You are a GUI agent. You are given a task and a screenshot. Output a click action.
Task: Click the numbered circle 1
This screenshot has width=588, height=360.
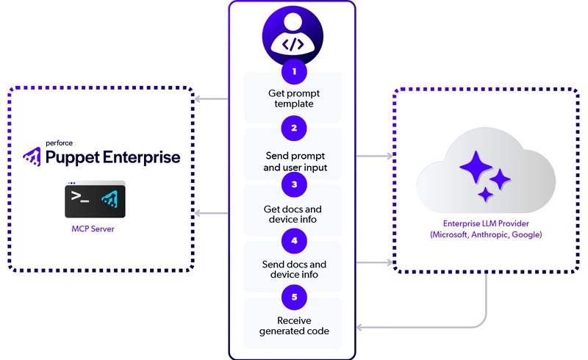pos(293,71)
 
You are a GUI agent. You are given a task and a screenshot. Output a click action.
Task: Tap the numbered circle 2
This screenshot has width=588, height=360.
pos(293,128)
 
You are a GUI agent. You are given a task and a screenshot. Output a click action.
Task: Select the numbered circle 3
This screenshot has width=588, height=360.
pos(293,184)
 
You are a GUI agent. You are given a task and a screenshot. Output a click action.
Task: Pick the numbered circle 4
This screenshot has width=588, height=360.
pos(293,240)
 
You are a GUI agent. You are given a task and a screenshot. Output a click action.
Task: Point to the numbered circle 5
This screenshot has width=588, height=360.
pos(293,296)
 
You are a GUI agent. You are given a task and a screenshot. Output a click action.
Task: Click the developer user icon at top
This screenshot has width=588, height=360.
pos(293,37)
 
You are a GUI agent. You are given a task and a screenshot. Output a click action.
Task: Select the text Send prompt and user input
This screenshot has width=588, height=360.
pos(293,162)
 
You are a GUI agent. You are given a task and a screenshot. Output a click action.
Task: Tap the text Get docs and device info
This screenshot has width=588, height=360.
pos(293,214)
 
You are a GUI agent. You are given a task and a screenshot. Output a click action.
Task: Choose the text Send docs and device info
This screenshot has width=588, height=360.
pos(293,270)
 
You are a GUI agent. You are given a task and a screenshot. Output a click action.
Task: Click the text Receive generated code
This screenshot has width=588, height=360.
pos(293,325)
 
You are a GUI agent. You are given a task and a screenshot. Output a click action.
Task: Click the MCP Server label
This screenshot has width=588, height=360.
pos(93,228)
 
